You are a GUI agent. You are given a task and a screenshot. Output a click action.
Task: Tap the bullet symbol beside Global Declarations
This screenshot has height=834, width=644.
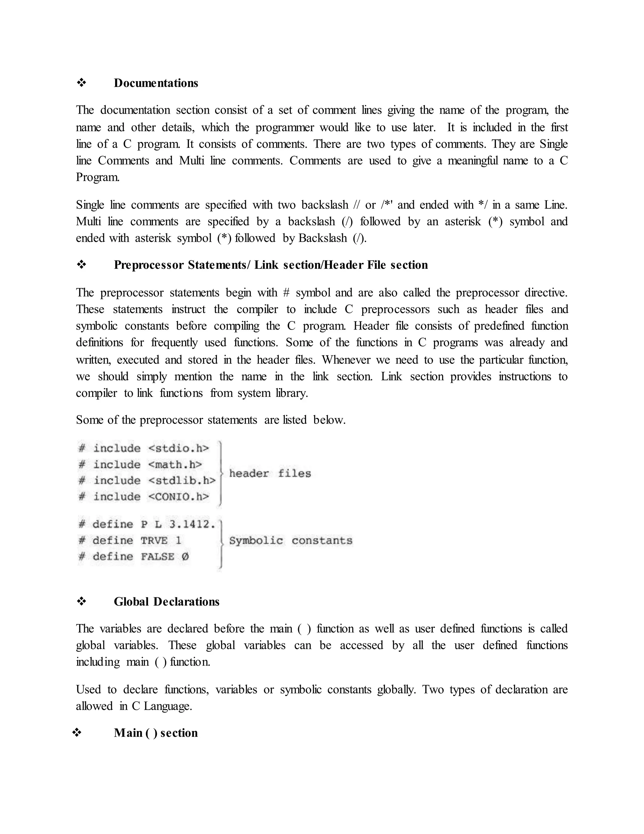click(81, 601)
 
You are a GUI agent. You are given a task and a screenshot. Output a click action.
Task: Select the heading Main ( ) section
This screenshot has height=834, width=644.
click(156, 732)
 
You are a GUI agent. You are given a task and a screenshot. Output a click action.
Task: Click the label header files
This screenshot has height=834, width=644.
click(270, 474)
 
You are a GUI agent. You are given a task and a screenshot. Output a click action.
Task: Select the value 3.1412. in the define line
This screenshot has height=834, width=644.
click(192, 524)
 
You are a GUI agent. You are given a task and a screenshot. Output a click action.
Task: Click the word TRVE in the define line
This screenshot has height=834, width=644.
click(154, 540)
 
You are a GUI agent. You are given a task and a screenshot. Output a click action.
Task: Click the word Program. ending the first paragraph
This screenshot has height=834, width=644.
click(98, 177)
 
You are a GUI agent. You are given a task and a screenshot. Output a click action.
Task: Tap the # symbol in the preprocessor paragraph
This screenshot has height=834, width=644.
click(286, 293)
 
